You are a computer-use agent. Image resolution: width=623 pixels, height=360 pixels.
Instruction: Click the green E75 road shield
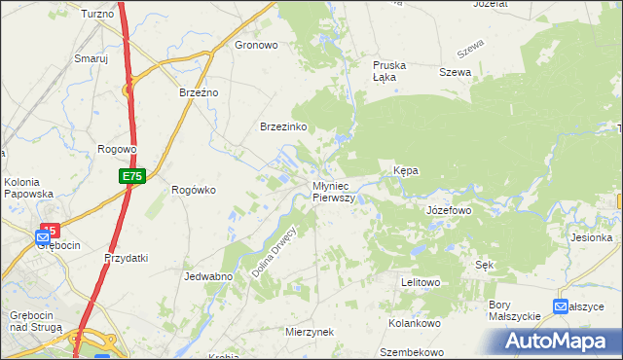point(132,176)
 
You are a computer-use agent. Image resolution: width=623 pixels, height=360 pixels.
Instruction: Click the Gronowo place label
point(257,45)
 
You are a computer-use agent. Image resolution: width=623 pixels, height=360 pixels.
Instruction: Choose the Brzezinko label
point(283,126)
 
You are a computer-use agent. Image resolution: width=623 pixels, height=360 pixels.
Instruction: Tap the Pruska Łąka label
point(389,71)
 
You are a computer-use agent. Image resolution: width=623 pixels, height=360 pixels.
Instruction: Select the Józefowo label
point(449,210)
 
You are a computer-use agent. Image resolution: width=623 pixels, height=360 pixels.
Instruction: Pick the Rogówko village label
point(193,190)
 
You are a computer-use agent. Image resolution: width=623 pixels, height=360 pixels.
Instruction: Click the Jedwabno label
point(206,276)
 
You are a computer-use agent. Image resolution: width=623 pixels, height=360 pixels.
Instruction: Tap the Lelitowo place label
point(421,282)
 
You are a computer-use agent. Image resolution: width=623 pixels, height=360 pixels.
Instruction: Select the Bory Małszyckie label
point(514,310)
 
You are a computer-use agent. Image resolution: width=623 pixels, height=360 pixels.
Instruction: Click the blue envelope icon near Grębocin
point(43,236)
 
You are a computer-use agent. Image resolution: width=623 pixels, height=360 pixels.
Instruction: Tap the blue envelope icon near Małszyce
point(560,306)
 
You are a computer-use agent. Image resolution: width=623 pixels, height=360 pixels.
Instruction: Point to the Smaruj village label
point(91,58)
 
